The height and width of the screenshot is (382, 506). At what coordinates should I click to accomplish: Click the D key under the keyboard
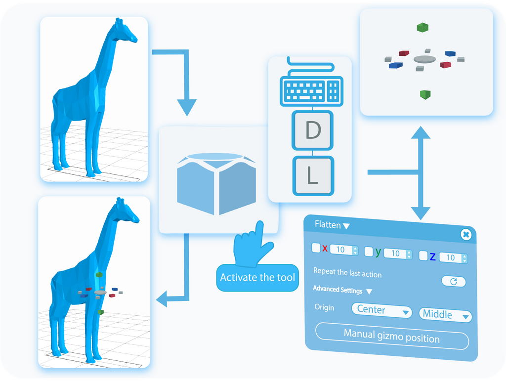coord(312,130)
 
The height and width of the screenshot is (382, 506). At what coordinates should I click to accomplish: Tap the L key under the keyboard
coord(312,175)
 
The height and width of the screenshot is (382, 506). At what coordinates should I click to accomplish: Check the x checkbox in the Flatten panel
coord(316,248)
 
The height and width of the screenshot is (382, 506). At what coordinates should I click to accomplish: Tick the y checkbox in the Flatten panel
coord(369,252)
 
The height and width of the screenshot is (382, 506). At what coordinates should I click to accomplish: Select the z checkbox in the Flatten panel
coord(423,255)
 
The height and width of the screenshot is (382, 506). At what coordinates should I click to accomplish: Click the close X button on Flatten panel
coord(465,234)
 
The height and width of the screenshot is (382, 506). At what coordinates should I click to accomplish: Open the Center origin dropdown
coord(381,311)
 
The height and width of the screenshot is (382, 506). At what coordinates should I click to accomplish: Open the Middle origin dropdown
coord(445,315)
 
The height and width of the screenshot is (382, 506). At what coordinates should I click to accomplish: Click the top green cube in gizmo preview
coord(422,28)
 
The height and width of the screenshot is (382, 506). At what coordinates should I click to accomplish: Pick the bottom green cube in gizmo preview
coord(423,94)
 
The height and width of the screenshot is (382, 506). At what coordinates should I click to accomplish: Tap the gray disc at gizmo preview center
coord(425,59)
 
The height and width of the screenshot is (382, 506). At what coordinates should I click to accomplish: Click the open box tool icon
coord(218,183)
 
